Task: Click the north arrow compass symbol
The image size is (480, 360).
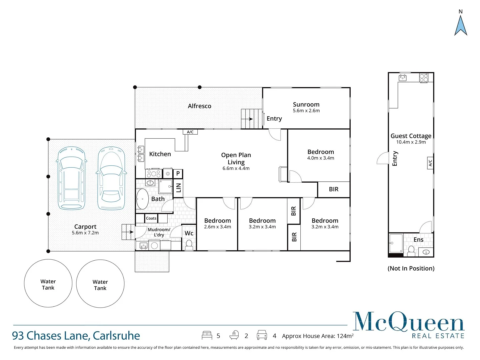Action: [461, 25]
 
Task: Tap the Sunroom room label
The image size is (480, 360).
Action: [306, 105]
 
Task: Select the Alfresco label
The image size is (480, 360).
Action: [199, 106]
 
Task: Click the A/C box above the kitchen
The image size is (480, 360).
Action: [190, 132]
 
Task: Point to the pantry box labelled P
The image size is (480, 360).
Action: [178, 173]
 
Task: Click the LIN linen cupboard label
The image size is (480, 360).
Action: [178, 188]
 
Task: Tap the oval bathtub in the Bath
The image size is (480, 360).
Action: [142, 199]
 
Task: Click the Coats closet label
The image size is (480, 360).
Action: [151, 218]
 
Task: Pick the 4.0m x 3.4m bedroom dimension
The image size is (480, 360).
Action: [320, 158]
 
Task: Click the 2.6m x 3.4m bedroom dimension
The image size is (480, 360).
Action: [217, 227]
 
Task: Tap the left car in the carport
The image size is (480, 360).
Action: [71, 178]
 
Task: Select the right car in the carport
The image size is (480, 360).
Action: [111, 178]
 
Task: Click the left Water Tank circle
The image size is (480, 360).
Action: [48, 283]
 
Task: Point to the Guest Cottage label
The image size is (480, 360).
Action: [411, 136]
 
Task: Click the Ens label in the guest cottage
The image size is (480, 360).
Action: [418, 240]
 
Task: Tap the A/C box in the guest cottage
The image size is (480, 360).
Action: [430, 163]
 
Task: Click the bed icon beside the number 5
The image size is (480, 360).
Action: [207, 335]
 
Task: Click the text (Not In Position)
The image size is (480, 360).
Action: [411, 268]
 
